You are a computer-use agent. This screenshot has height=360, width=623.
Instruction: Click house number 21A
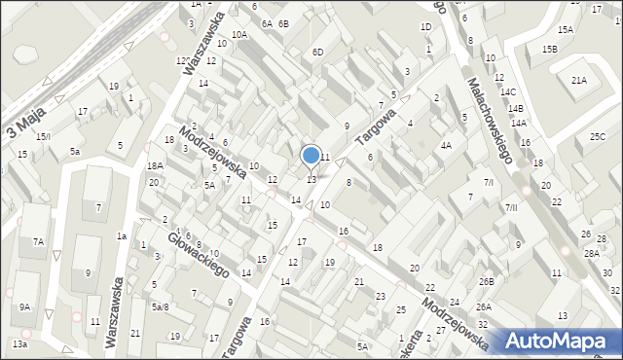click(x=579, y=81)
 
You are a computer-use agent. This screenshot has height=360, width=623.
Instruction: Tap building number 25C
click(x=598, y=137)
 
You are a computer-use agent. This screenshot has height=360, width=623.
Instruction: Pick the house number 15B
click(x=551, y=49)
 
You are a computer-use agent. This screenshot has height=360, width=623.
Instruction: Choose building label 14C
click(x=508, y=91)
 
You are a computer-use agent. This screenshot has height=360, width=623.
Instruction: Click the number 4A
click(x=446, y=146)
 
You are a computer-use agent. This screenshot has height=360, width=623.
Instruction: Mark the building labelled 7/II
click(x=511, y=208)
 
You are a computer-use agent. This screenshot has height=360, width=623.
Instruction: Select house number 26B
click(x=486, y=282)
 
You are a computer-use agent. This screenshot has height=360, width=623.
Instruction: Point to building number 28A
click(x=591, y=253)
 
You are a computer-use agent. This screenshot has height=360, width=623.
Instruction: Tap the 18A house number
click(x=155, y=166)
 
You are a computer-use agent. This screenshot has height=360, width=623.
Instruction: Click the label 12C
click(x=183, y=61)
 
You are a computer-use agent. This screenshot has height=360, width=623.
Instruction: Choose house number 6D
click(x=317, y=52)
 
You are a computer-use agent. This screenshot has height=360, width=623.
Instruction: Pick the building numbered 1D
click(x=425, y=26)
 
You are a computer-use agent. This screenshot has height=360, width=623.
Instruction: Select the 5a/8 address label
click(x=160, y=307)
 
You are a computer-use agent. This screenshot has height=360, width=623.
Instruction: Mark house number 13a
click(x=19, y=344)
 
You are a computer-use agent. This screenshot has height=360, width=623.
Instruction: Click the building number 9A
click(x=24, y=307)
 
